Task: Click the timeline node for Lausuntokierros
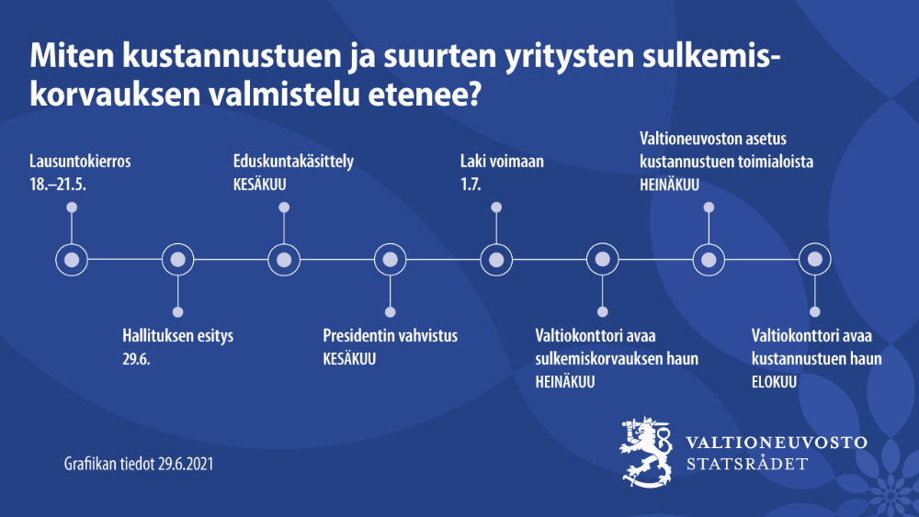72,260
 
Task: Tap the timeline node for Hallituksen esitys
177,260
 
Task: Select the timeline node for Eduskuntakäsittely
284,260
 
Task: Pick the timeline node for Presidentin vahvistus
391,260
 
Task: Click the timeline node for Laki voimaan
496,260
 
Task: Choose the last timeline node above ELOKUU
813,260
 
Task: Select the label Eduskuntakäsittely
293,162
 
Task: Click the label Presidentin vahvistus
390,336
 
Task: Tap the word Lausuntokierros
80,162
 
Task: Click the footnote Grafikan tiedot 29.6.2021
138,464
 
